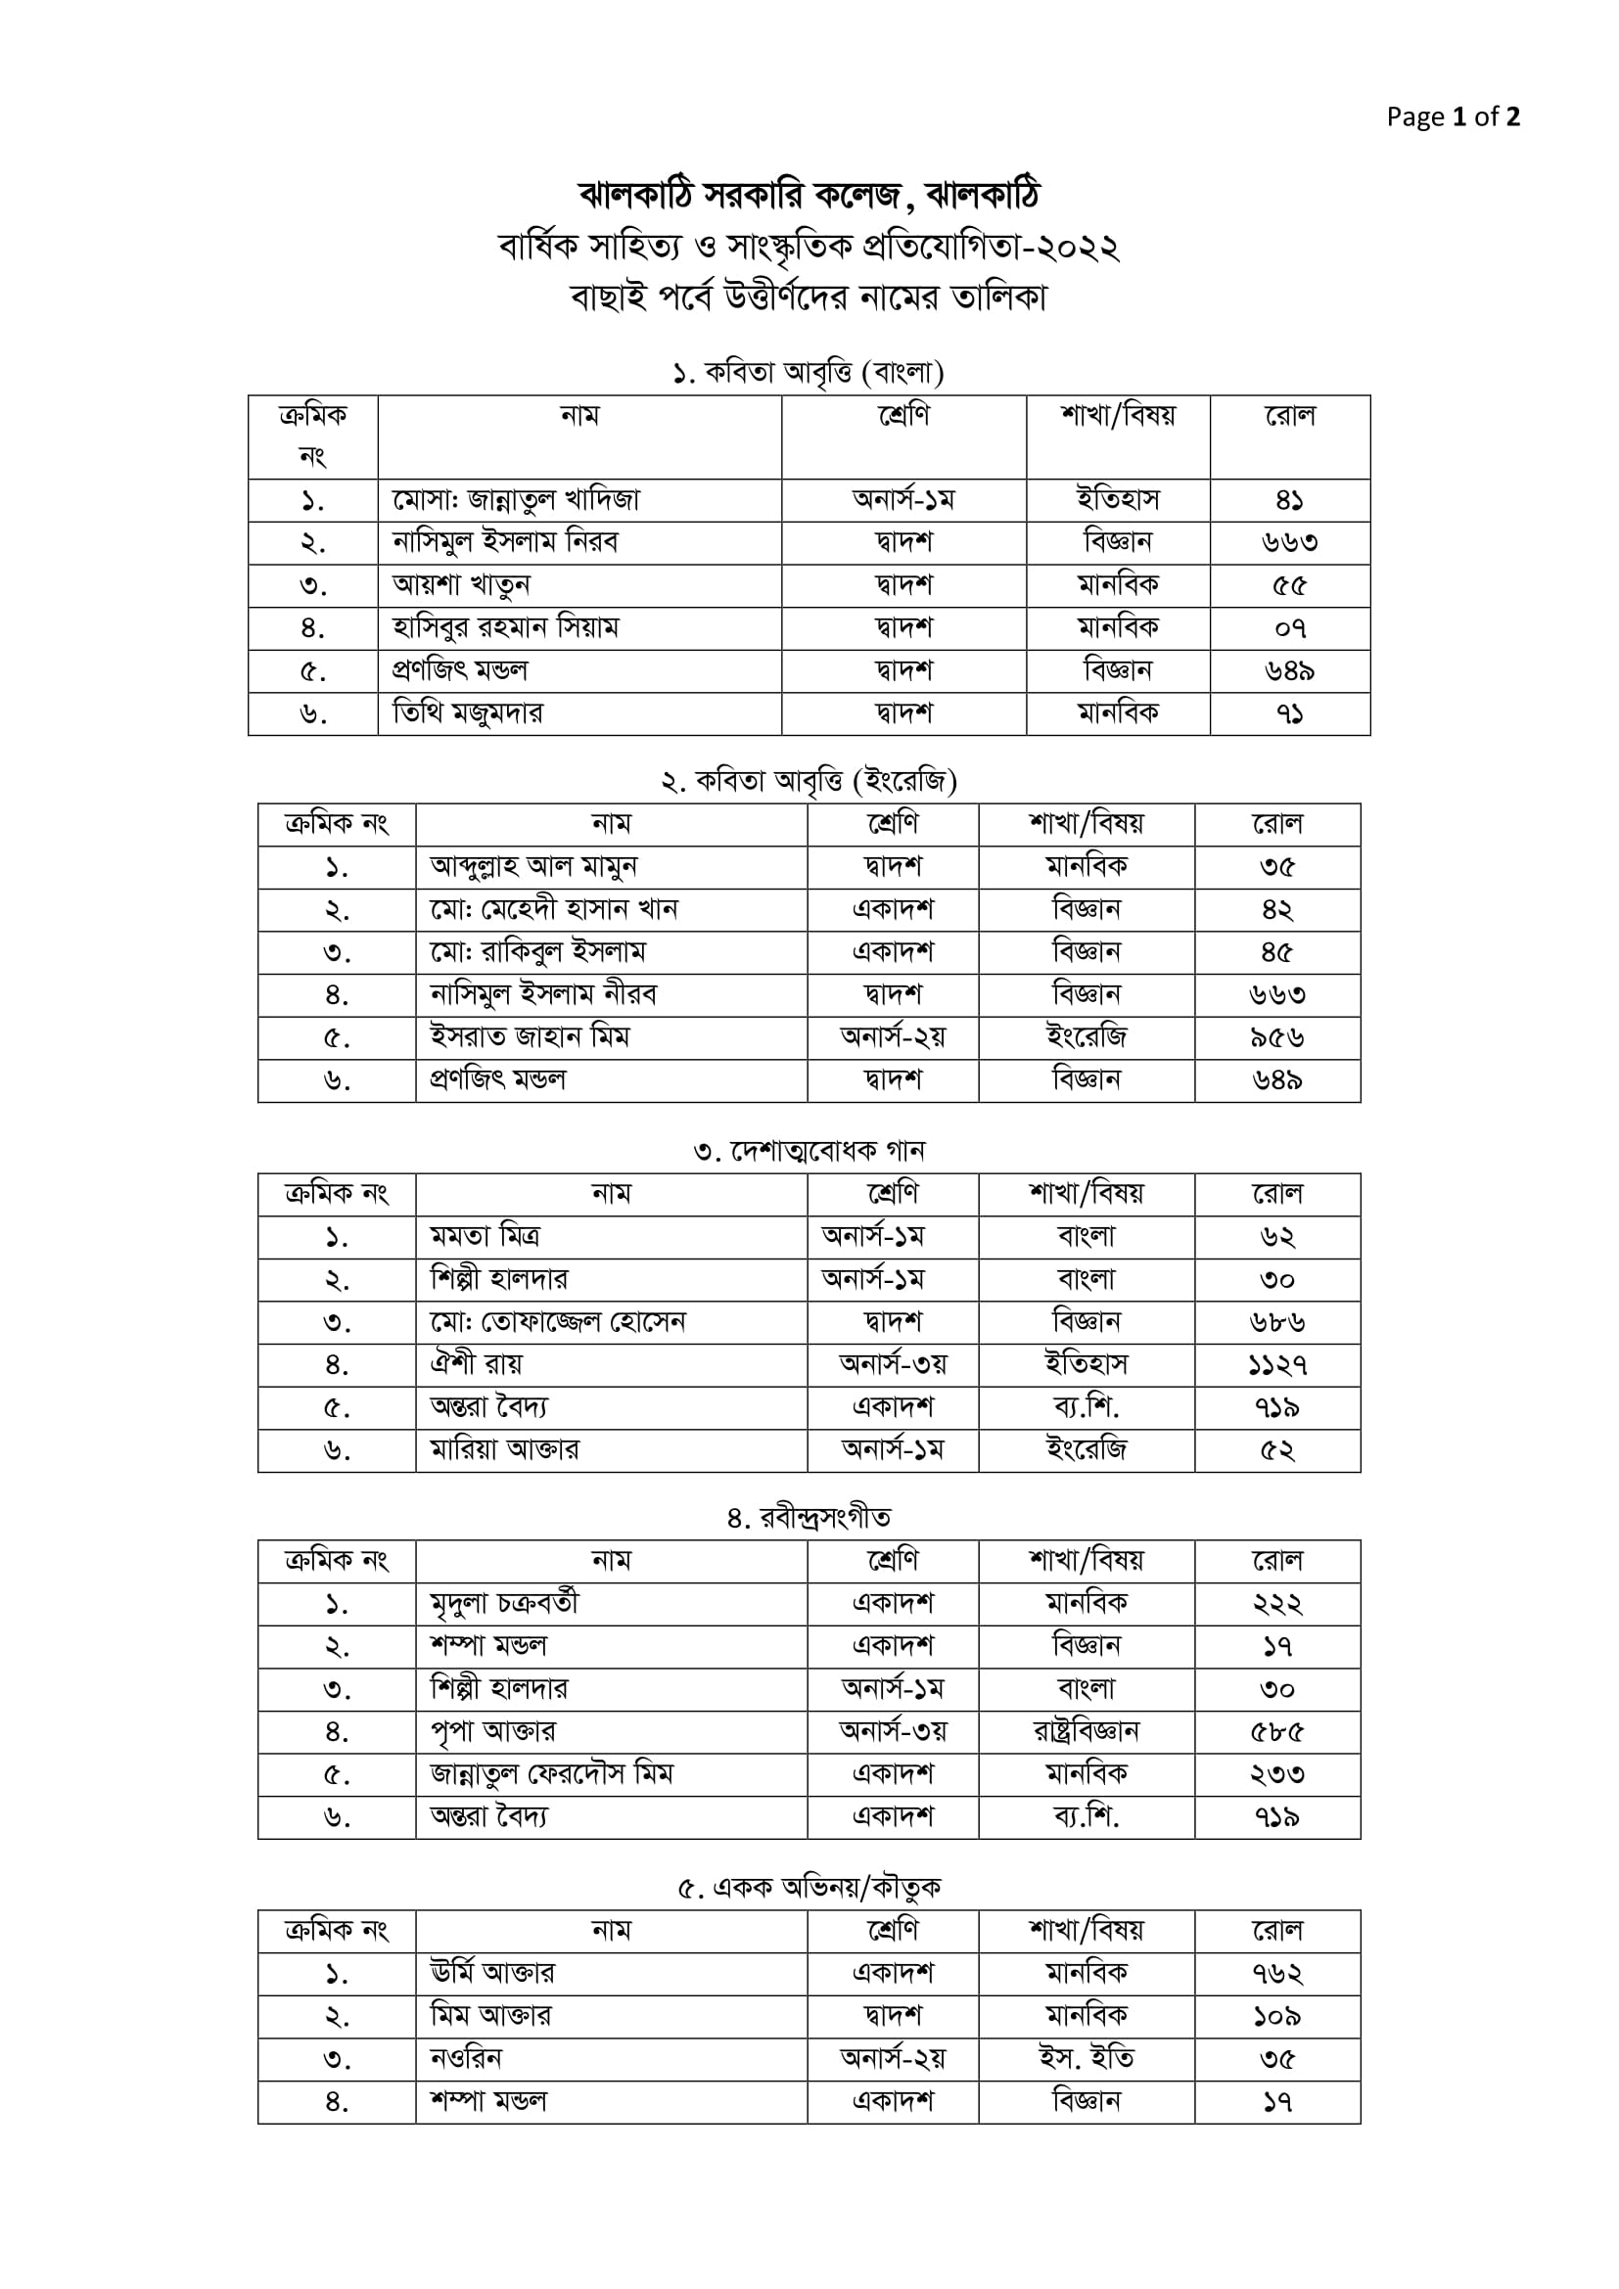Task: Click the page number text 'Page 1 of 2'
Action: pyautogui.click(x=1453, y=117)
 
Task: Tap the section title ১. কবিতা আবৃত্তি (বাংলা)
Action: pyautogui.click(x=809, y=373)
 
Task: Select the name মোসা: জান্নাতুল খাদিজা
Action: pyautogui.click(x=516, y=499)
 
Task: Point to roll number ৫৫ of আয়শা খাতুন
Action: pyautogui.click(x=1289, y=585)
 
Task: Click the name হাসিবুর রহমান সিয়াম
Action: pyautogui.click(x=505, y=628)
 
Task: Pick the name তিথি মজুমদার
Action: pyautogui.click(x=468, y=713)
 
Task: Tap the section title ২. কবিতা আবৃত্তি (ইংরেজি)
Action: pyautogui.click(x=809, y=781)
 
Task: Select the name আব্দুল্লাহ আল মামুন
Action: pyautogui.click(x=533, y=866)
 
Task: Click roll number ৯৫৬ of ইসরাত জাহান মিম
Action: pyautogui.click(x=1277, y=1037)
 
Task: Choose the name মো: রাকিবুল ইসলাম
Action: pyautogui.click(x=538, y=952)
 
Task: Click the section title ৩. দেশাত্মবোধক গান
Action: pyautogui.click(x=809, y=1152)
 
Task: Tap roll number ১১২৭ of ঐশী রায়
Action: pyautogui.click(x=1277, y=1365)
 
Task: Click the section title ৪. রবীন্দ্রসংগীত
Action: pyautogui.click(x=809, y=1519)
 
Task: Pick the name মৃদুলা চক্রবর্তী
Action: pyautogui.click(x=504, y=1604)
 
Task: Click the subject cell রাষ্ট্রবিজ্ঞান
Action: pyautogui.click(x=1087, y=1732)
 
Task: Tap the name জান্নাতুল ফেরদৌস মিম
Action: pyautogui.click(x=552, y=1774)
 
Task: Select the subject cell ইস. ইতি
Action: pyautogui.click(x=1087, y=2059)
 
